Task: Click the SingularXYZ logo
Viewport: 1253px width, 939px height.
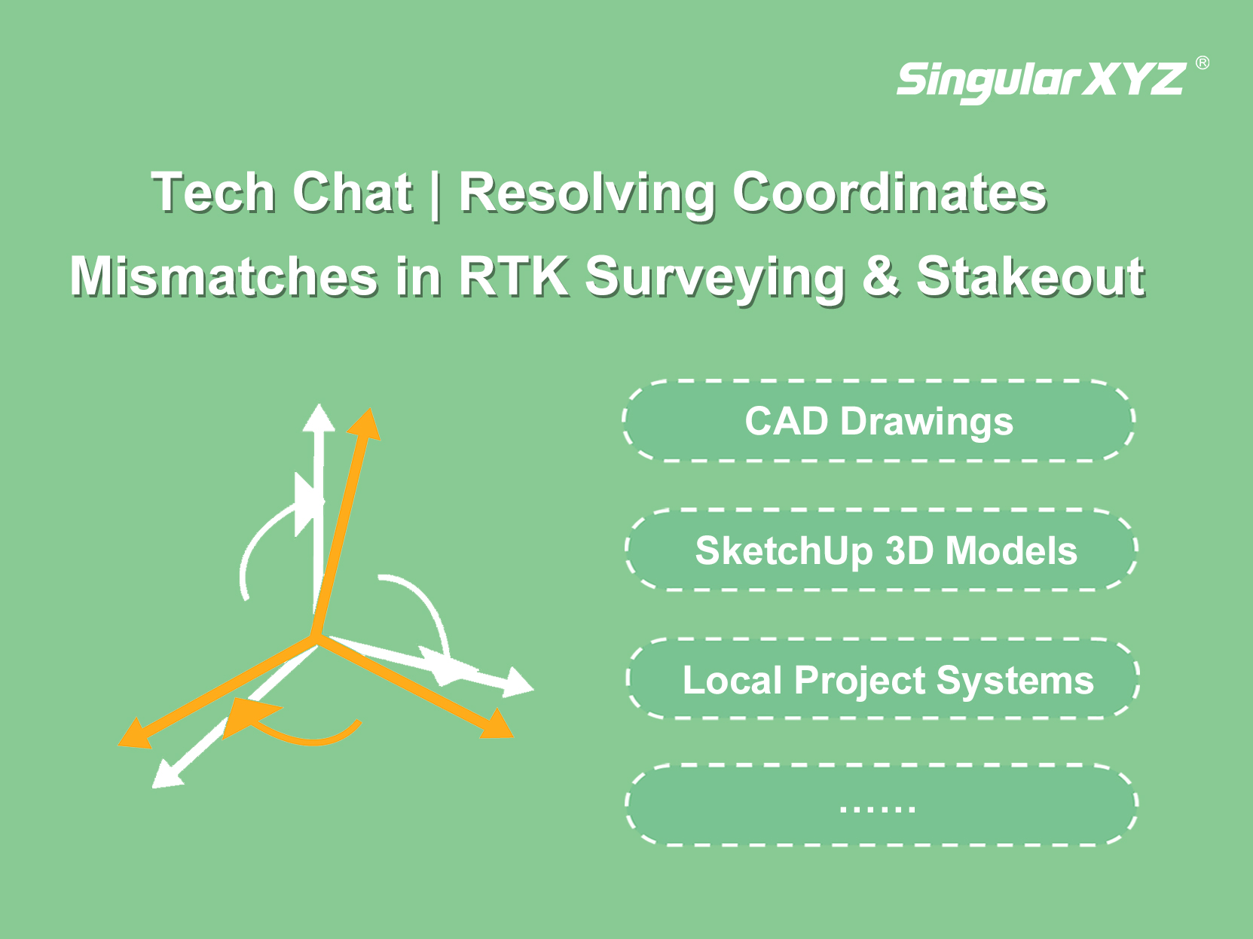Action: pos(1041,81)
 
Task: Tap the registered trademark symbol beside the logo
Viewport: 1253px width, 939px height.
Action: pos(1202,62)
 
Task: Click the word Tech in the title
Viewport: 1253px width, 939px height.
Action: pos(213,192)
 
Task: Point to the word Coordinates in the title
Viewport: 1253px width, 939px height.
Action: pos(890,192)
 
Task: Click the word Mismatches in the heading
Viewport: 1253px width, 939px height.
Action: pos(223,276)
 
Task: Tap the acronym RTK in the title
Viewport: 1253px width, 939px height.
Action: pos(514,276)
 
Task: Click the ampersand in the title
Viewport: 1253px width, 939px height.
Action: pos(880,276)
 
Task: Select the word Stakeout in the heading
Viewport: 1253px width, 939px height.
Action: pos(1031,276)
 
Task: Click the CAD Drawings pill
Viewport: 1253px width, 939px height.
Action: pos(879,420)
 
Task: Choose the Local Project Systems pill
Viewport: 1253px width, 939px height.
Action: pos(884,679)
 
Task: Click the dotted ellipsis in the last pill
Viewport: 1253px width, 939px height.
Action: pos(878,808)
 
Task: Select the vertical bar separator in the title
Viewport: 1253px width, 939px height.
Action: pos(435,194)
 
